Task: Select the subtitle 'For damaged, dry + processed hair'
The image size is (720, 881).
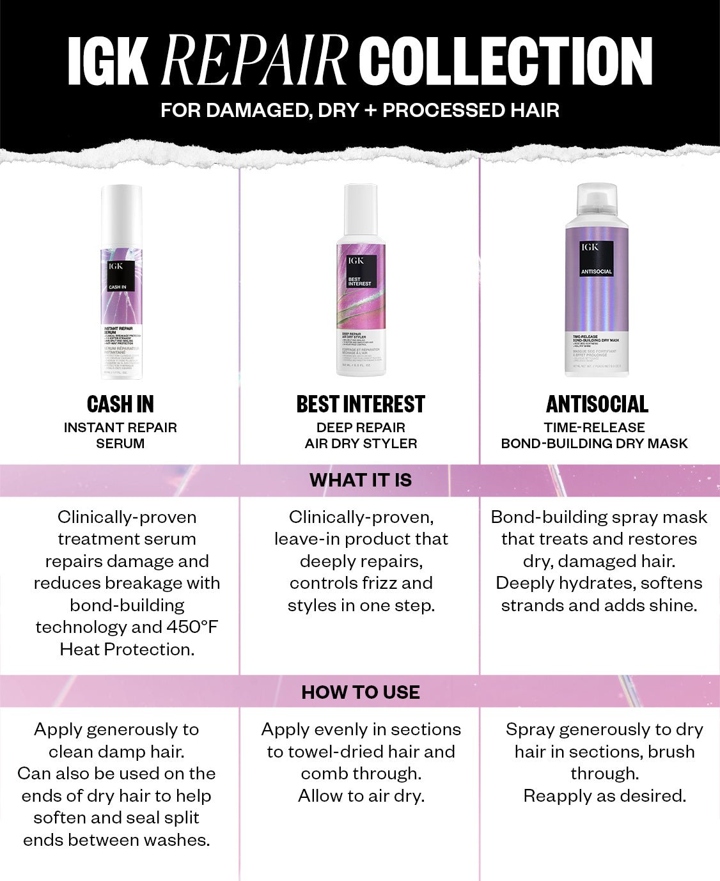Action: [x=360, y=110]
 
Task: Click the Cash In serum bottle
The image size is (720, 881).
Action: [x=121, y=281]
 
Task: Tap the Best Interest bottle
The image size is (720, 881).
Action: [x=361, y=281]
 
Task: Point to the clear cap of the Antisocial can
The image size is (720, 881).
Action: [x=597, y=199]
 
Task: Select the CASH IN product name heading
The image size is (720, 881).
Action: [x=120, y=404]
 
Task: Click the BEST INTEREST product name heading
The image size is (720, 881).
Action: [x=361, y=404]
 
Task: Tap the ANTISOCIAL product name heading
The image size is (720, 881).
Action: [x=597, y=404]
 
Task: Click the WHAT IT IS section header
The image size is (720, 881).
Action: [x=361, y=480]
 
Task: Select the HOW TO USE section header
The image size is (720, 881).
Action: [x=361, y=692]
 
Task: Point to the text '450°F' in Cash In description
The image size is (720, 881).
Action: [x=192, y=627]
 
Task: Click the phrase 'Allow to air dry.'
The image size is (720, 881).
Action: [x=361, y=796]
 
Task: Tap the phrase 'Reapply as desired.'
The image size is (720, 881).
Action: [x=604, y=796]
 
